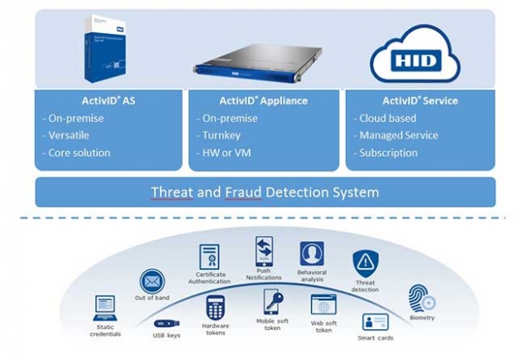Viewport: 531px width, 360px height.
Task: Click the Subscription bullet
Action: click(387, 153)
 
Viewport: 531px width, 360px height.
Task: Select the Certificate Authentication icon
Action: click(210, 256)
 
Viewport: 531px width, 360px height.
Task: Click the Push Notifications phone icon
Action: click(264, 251)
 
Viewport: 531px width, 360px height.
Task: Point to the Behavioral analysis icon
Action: click(312, 253)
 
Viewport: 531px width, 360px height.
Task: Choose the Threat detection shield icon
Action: click(365, 263)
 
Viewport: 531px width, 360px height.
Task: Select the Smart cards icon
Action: click(375, 322)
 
